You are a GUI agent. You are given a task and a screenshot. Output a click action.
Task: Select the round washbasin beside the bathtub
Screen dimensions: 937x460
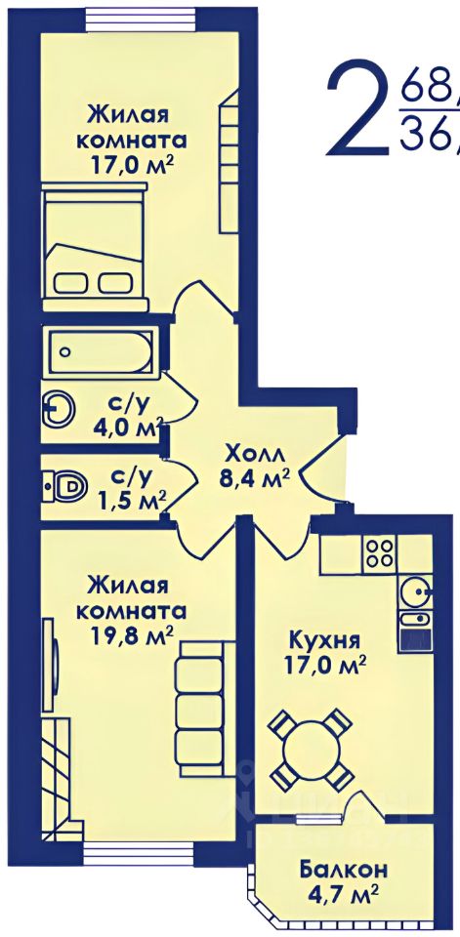click(x=60, y=409)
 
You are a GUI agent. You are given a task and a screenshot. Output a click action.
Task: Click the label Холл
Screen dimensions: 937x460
click(x=255, y=454)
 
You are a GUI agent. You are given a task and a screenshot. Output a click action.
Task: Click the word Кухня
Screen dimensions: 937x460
click(x=325, y=641)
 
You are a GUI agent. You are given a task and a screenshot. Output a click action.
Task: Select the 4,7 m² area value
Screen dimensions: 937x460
click(x=343, y=893)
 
